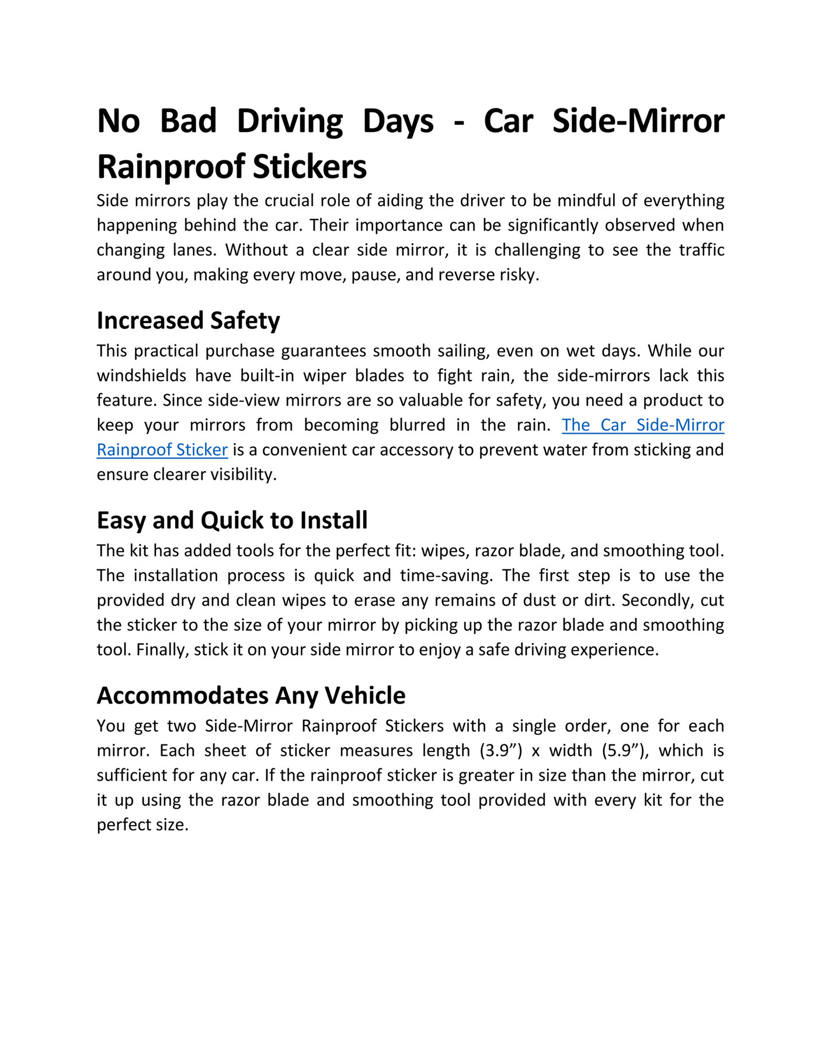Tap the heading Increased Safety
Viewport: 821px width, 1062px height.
tap(188, 321)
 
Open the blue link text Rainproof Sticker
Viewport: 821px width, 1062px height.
tap(162, 450)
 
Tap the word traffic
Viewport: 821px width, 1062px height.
tap(701, 250)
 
